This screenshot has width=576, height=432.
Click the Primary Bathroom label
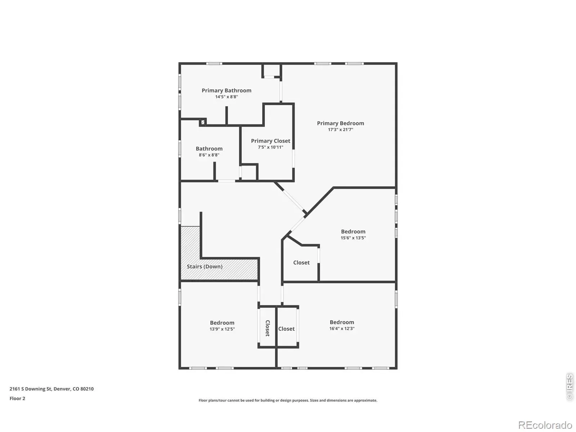226,90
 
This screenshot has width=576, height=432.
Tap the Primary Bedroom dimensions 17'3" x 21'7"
340,130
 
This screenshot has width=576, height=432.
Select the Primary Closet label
271,141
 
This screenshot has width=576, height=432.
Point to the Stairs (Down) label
205,266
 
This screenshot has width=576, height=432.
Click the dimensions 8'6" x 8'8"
209,155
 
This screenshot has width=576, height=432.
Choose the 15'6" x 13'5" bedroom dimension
353,238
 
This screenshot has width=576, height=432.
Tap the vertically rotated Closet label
267,328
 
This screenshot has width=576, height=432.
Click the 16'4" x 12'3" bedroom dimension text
342,328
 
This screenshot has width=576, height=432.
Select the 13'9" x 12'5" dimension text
222,329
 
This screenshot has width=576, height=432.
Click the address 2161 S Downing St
31,389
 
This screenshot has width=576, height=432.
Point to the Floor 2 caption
17,399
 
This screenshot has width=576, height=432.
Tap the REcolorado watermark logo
545,425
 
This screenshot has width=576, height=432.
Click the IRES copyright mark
570,387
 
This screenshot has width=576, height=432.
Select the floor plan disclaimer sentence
288,400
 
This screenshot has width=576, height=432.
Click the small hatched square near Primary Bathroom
203,122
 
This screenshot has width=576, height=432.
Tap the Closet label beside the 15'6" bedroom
301,262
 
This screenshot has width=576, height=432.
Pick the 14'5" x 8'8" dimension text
226,97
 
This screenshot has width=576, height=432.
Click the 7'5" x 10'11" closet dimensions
271,147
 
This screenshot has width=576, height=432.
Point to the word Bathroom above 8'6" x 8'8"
209,149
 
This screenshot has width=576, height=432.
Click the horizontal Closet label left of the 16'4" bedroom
286,329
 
